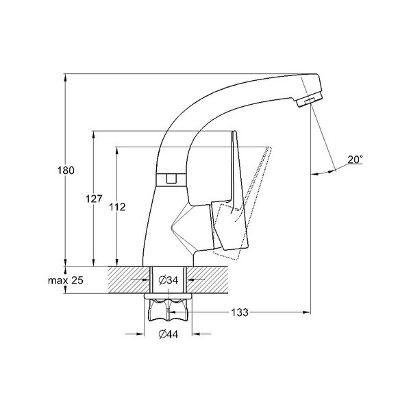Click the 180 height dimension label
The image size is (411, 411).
pos(66,171)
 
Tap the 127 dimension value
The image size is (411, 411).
pos(94,199)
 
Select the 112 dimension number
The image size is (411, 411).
pos(117,208)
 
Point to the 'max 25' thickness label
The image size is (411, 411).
pos(66,280)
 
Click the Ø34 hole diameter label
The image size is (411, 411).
pos(169,280)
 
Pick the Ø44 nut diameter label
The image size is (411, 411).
pos(169,334)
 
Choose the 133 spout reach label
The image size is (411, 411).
pos(240,312)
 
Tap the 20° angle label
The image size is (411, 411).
pos(355,160)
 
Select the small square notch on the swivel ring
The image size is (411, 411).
pos(171,178)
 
